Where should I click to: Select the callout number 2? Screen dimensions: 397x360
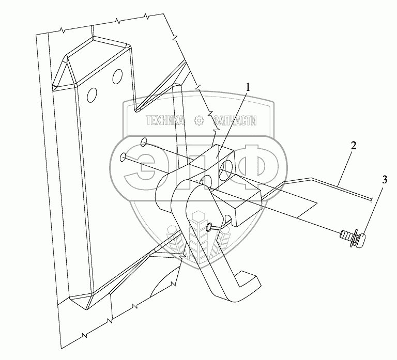[354, 145]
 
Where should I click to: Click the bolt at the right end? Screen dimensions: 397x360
[352, 239]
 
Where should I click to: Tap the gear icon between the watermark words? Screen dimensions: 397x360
[198, 121]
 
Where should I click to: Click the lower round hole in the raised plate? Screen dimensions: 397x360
[93, 95]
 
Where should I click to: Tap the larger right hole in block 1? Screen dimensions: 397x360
[226, 170]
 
